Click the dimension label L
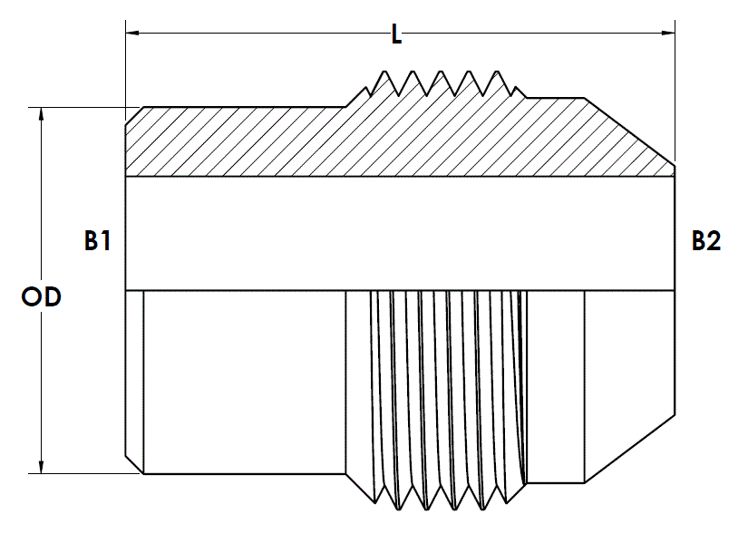click(x=396, y=34)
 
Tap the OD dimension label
click(x=42, y=296)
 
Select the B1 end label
click(x=97, y=240)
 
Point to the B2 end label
click(x=706, y=240)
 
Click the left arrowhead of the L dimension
click(x=132, y=33)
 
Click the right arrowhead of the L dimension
click(x=668, y=33)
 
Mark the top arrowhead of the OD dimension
click(x=42, y=114)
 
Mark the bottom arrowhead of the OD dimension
click(x=42, y=467)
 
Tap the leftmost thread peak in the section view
click(x=384, y=72)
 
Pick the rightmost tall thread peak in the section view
click(x=498, y=72)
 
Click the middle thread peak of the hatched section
click(x=441, y=72)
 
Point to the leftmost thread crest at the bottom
click(x=399, y=509)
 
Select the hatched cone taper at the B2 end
click(x=630, y=139)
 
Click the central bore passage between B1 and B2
click(x=400, y=233)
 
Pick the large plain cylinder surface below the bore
click(x=244, y=382)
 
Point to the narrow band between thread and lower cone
click(x=555, y=386)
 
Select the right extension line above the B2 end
click(x=675, y=91)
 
